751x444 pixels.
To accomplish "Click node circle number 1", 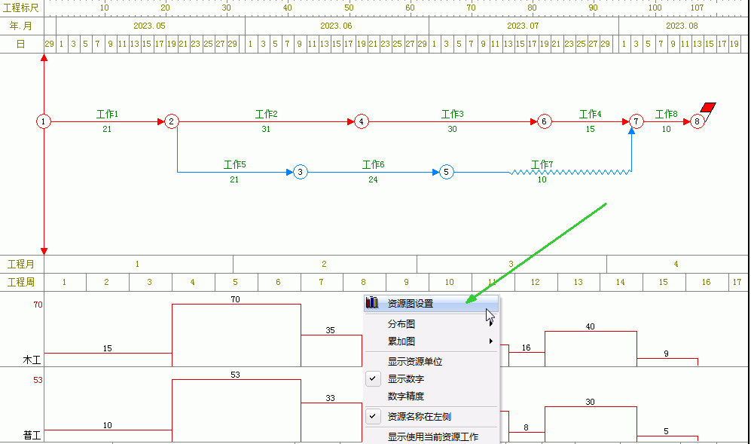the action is pos(44,121).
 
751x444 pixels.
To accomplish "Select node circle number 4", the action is pos(361,121).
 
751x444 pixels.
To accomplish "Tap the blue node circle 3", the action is pos(301,172).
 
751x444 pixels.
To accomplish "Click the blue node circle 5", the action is pos(446,172).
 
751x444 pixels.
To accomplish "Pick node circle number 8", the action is pos(697,121).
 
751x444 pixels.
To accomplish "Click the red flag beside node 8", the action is pos(708,107).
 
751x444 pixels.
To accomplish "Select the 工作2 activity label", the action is pos(267,114).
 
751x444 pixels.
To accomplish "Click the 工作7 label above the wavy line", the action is pos(542,164).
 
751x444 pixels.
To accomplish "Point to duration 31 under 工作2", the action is pos(266,129).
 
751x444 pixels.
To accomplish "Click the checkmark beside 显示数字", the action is pos(373,378).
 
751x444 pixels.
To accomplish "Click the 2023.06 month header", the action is pos(336,26).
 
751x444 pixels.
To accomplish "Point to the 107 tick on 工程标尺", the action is pos(697,8).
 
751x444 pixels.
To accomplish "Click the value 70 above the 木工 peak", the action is pos(235,299).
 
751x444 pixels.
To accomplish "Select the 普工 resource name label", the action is pos(32,436).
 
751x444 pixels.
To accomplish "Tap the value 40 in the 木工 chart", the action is pos(590,326).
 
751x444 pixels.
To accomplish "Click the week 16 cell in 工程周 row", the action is pos(706,282).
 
